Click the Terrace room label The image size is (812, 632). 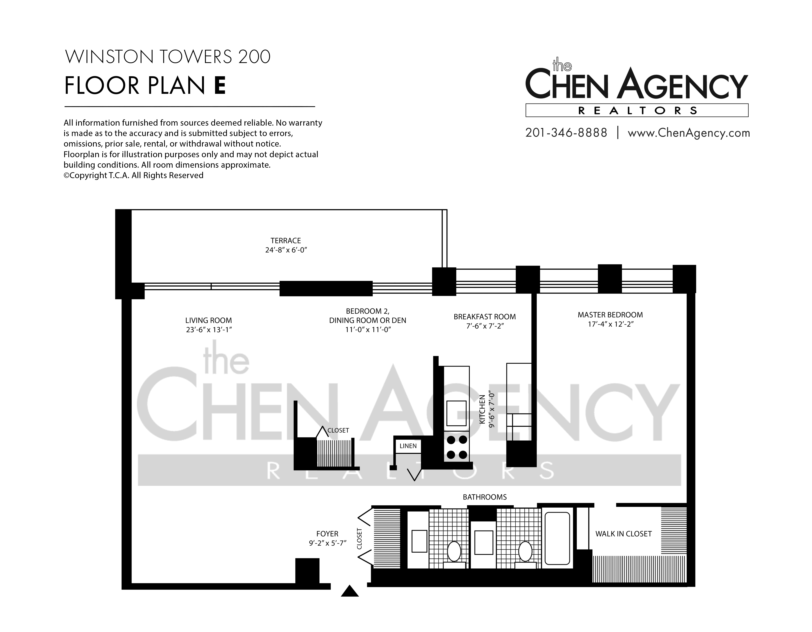(286, 241)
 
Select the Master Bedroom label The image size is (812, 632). (610, 315)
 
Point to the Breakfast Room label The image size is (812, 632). (484, 317)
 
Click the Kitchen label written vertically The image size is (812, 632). (482, 409)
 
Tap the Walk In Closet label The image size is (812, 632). (623, 534)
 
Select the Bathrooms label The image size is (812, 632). (484, 497)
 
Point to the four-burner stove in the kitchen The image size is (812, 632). (457, 447)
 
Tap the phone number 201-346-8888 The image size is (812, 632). (566, 133)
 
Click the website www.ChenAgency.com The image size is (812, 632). (689, 133)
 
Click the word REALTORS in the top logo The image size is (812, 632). (637, 110)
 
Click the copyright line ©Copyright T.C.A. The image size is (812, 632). (133, 175)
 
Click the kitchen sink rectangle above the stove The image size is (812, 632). (456, 413)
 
